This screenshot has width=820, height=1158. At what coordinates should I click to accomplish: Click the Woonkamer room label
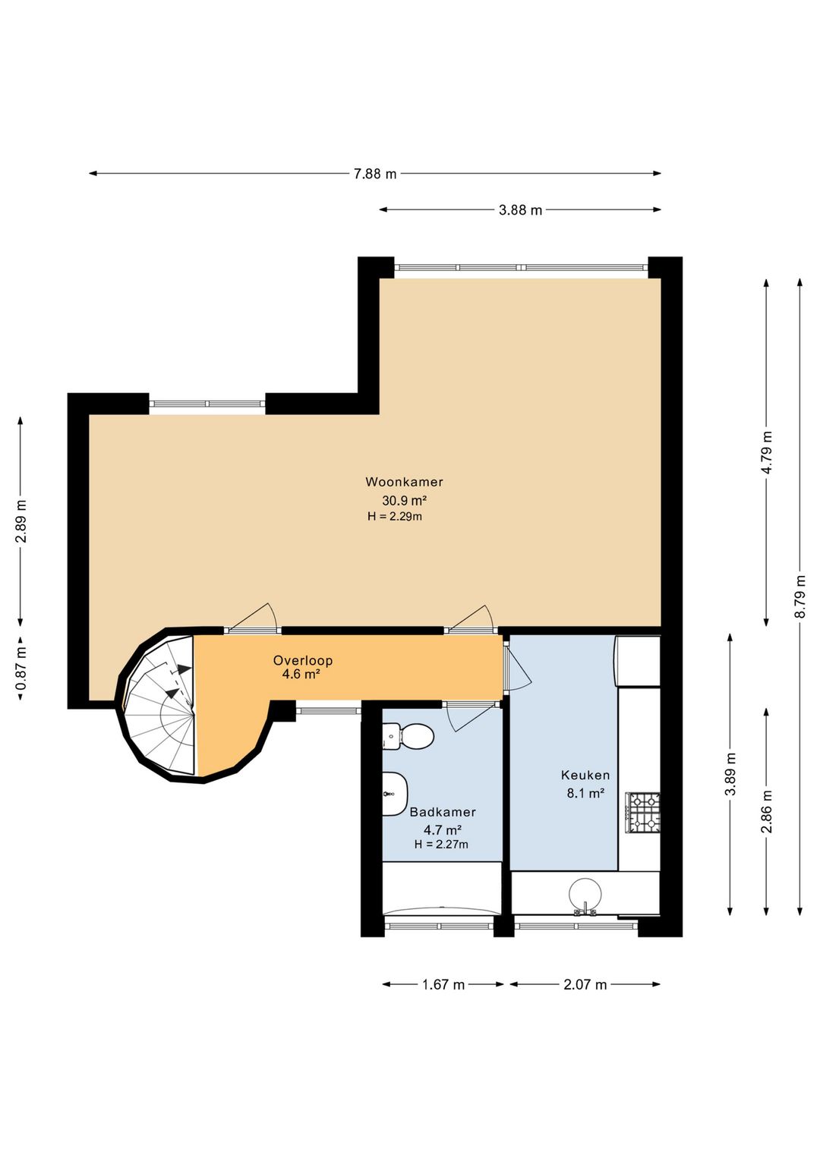404,482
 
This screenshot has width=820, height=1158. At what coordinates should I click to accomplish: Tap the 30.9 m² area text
404,500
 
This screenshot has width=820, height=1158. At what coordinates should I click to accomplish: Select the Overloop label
303,660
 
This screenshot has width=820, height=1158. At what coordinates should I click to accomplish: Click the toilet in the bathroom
408,735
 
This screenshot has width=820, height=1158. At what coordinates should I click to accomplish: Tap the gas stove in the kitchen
642,813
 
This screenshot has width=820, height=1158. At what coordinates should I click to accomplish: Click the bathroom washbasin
395,794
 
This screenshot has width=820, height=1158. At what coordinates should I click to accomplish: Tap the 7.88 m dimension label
375,174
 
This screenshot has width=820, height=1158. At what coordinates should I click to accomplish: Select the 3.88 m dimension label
520,210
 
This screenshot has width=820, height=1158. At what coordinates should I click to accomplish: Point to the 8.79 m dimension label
799,596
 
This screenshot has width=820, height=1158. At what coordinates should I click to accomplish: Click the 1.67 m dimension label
443,984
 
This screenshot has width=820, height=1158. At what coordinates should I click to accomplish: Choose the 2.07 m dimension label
585,984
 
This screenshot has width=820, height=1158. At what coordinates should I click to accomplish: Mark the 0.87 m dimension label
20,667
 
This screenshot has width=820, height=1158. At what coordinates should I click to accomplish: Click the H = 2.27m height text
441,844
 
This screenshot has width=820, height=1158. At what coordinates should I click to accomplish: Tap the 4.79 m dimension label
766,452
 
